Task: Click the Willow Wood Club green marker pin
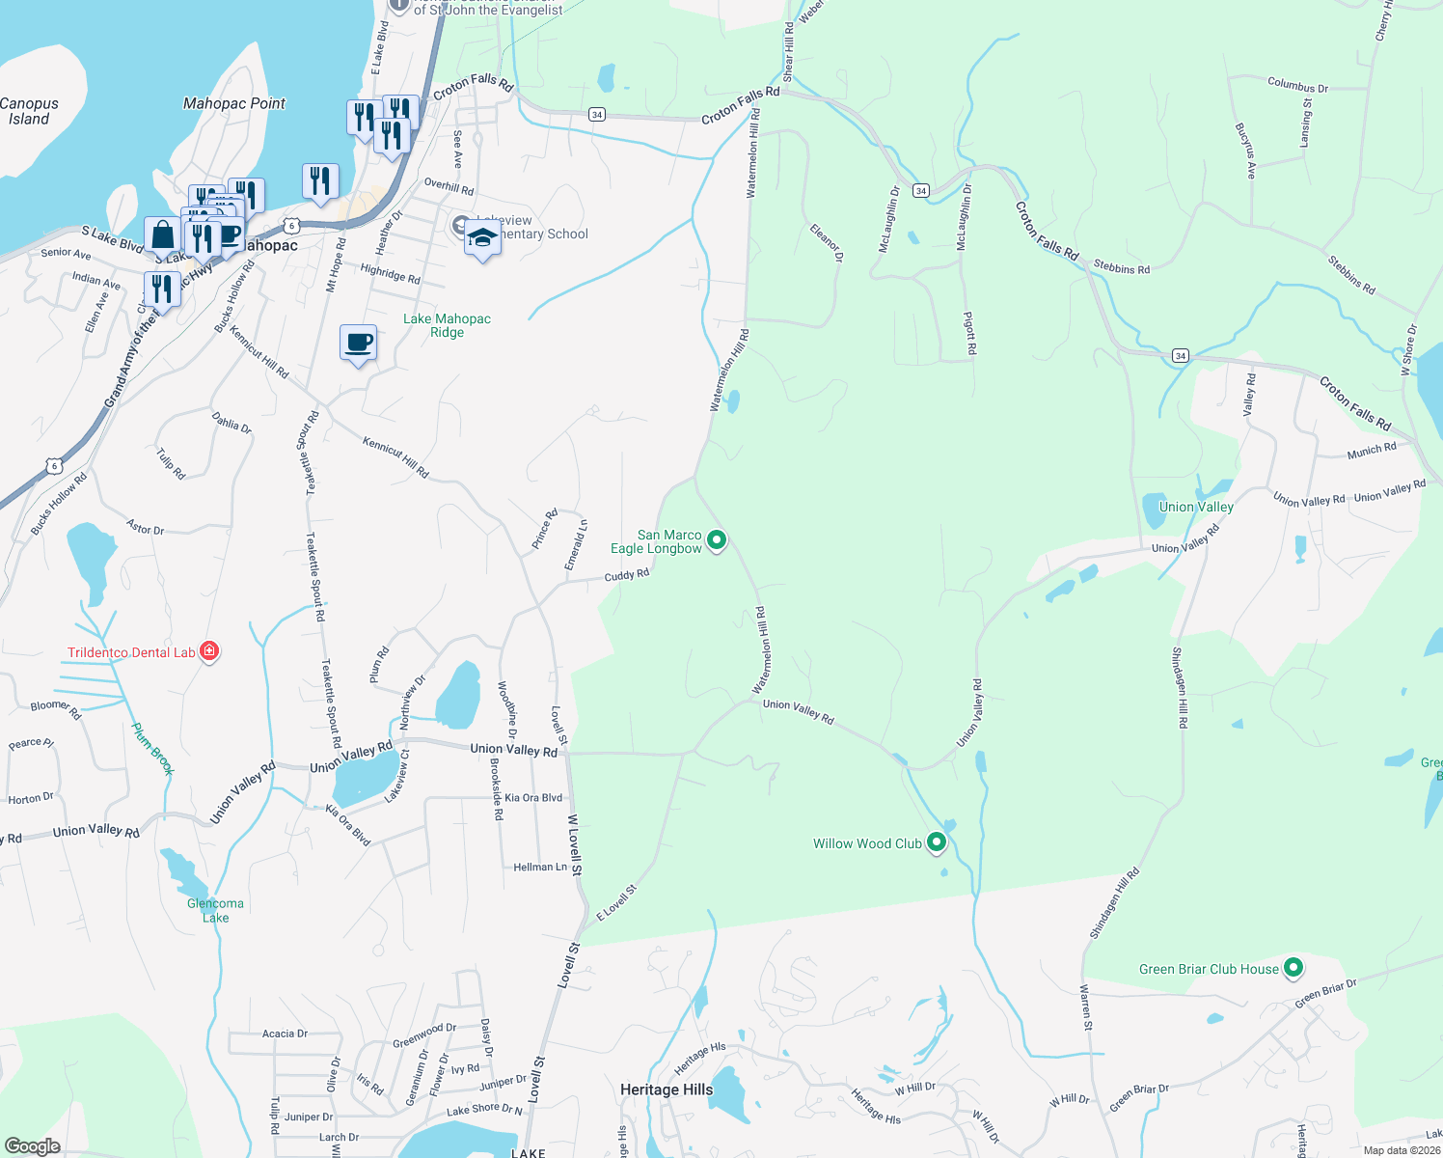tap(936, 842)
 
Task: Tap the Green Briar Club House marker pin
tap(1293, 967)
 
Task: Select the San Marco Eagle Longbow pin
tap(716, 539)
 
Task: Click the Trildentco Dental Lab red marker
tap(208, 651)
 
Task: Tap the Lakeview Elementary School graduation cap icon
tap(482, 238)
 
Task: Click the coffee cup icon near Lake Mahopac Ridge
tap(359, 343)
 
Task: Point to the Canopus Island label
tap(29, 111)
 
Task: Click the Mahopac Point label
tap(234, 103)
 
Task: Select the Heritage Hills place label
tap(667, 1089)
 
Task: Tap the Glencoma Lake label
tap(215, 910)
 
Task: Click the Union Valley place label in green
tap(1196, 507)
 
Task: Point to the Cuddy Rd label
tap(627, 575)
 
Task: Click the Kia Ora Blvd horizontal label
tap(533, 798)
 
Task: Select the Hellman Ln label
tap(540, 868)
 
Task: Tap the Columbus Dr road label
tap(1297, 86)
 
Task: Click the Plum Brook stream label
tap(152, 749)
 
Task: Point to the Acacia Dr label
tap(285, 1034)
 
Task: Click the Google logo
tap(33, 1146)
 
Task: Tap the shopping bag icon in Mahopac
tap(162, 234)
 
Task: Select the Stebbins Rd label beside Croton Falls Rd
tap(1122, 268)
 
